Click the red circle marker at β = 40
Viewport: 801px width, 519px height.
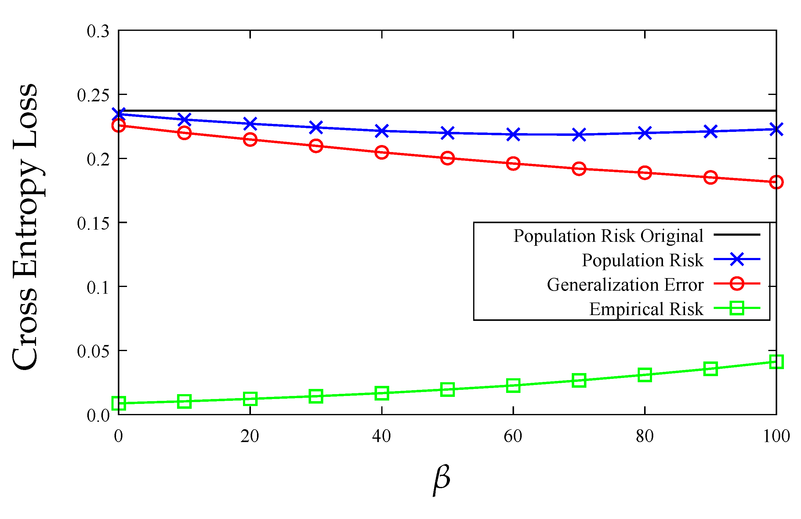tap(382, 152)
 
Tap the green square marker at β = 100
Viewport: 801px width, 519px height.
tap(776, 362)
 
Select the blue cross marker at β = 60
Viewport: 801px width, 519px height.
tap(513, 134)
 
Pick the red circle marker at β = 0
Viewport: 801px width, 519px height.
tap(118, 125)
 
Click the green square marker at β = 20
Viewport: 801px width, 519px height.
tap(250, 399)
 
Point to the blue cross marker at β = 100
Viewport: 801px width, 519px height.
tap(776, 129)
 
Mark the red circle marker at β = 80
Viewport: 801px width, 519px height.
tap(644, 173)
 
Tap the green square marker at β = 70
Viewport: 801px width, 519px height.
tap(579, 380)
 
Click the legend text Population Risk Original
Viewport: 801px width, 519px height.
tap(608, 236)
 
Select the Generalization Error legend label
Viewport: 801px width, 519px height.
tap(625, 285)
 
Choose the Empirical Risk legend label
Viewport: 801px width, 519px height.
tap(646, 309)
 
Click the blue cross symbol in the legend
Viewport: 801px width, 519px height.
tap(736, 259)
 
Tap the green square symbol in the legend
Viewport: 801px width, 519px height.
tap(736, 308)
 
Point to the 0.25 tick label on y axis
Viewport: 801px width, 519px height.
tap(93, 95)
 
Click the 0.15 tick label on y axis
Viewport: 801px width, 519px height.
tap(93, 223)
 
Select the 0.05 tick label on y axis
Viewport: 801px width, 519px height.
tap(93, 351)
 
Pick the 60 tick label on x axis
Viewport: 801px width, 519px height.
tap(513, 436)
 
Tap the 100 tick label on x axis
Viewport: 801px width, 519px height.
tap(776, 436)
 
